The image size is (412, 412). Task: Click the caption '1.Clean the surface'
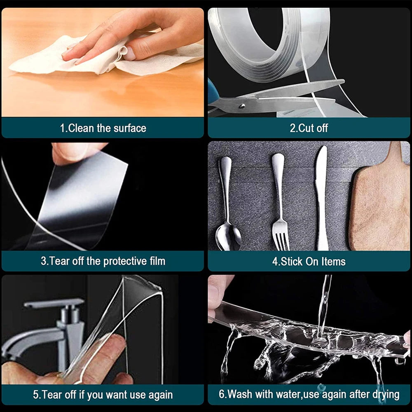[103, 128]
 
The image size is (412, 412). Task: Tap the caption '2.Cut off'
[309, 128]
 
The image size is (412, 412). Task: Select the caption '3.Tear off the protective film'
[103, 261]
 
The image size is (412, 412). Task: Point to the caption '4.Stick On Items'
[309, 261]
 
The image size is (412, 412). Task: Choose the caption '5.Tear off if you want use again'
[103, 394]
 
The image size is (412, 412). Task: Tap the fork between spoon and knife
[279, 206]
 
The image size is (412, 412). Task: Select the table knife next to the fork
[321, 198]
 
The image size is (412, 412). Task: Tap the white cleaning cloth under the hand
[103, 60]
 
